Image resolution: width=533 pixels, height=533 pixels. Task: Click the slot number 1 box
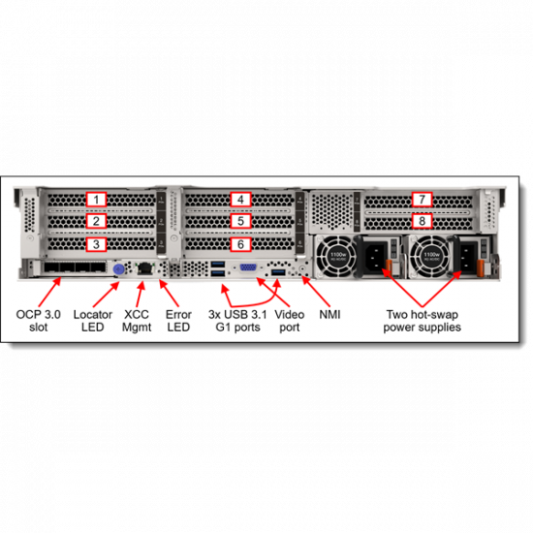(95, 199)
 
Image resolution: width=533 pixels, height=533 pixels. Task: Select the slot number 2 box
(95, 221)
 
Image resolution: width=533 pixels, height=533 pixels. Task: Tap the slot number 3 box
(95, 244)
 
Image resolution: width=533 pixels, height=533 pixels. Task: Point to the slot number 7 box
(421, 200)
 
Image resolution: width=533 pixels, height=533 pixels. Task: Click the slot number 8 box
(421, 221)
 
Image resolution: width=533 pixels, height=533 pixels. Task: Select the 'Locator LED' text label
(95, 321)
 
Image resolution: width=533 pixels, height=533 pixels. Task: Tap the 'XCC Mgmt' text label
(137, 321)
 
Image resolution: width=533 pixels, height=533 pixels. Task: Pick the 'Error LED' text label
(178, 321)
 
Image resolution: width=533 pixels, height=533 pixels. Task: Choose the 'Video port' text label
(290, 321)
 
